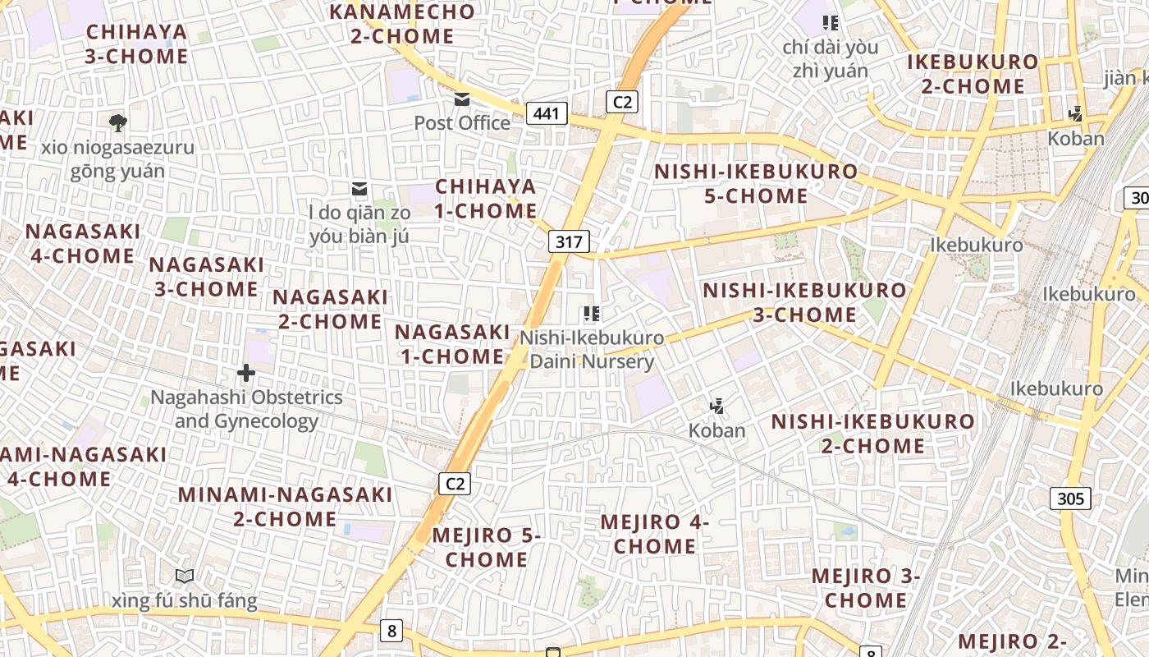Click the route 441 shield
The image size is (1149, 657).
click(547, 113)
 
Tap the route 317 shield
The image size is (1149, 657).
click(569, 241)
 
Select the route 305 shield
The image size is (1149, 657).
click(1070, 498)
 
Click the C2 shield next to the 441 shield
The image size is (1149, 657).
click(622, 101)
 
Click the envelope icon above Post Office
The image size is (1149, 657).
click(462, 99)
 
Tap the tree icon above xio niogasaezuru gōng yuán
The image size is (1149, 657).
click(117, 123)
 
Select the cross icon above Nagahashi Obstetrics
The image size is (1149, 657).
click(245, 374)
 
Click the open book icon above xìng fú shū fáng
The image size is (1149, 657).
click(185, 577)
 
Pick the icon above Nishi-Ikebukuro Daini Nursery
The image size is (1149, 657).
click(591, 314)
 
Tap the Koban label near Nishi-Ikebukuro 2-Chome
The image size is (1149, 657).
click(716, 430)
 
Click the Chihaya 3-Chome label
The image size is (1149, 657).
click(137, 44)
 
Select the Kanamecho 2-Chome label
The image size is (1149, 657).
click(402, 24)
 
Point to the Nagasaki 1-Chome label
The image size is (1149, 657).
click(452, 344)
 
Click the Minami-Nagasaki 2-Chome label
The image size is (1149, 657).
click(285, 507)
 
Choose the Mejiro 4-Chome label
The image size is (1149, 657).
click(654, 534)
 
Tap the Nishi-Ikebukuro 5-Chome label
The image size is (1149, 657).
click(756, 184)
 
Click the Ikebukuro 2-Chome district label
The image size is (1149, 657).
click(973, 74)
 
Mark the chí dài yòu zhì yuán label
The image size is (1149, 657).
click(830, 58)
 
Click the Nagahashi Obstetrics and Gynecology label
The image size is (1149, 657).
click(246, 409)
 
